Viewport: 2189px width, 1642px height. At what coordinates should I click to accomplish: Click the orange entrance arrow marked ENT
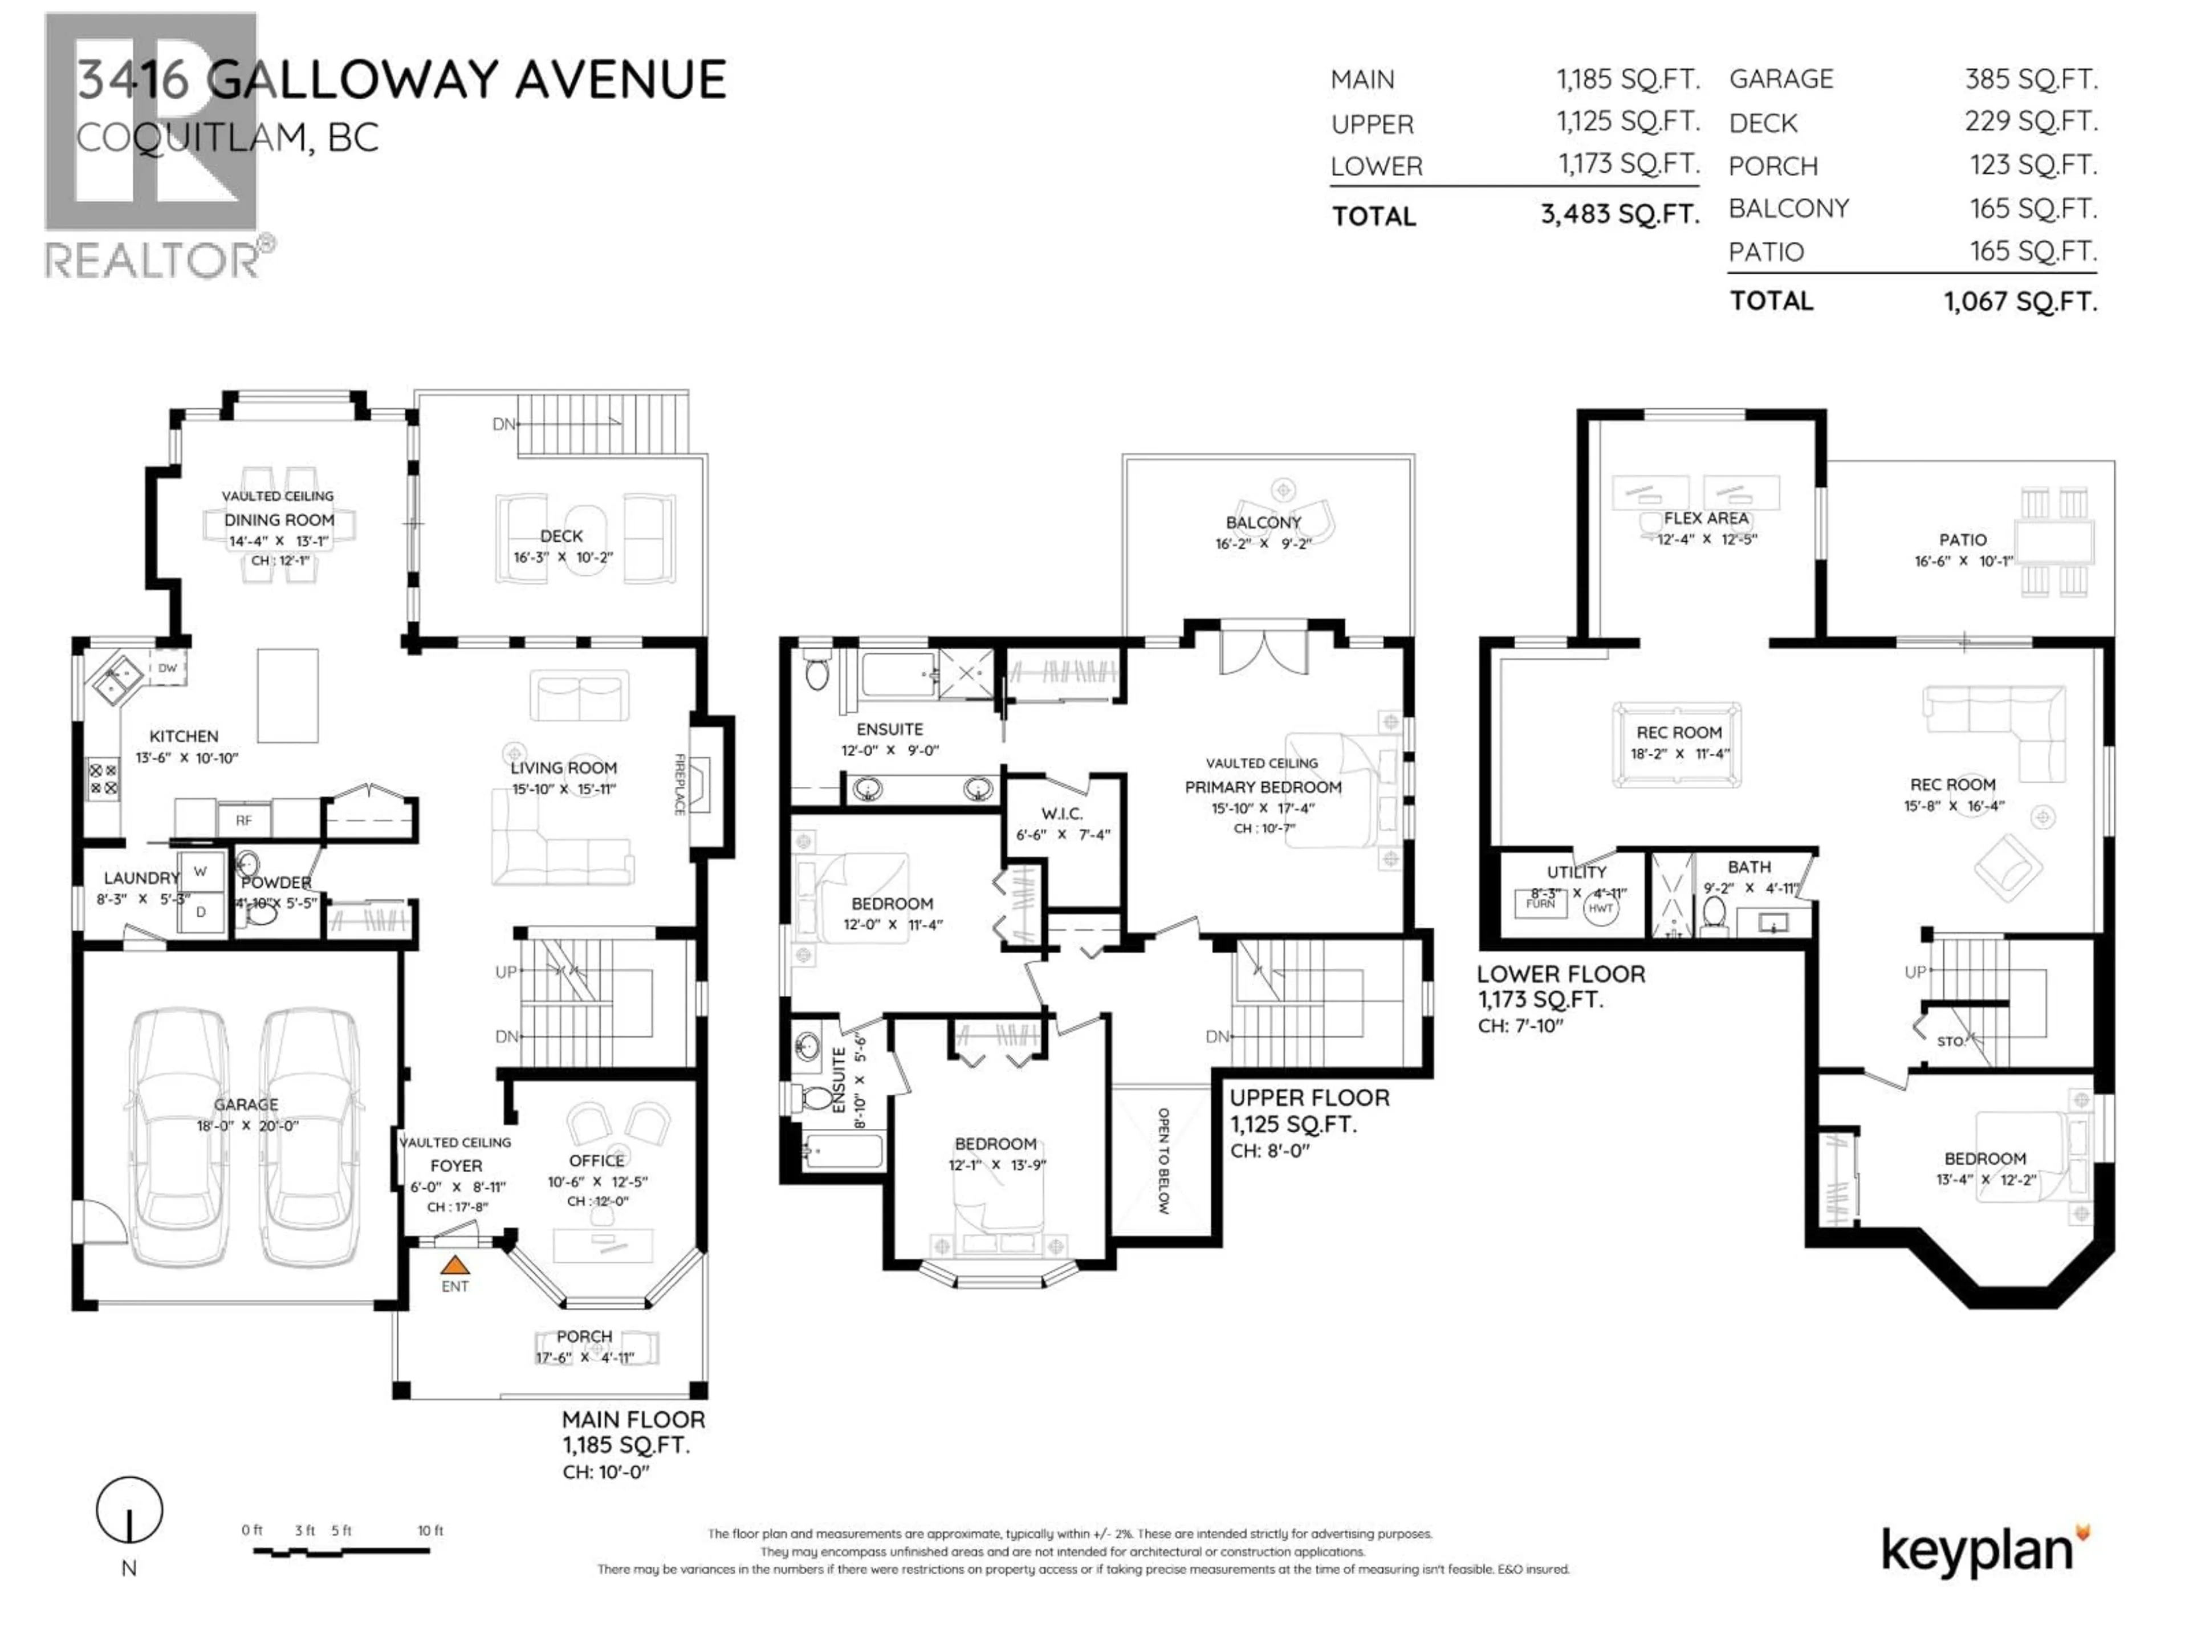(454, 1265)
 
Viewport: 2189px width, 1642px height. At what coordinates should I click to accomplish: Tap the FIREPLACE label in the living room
(680, 784)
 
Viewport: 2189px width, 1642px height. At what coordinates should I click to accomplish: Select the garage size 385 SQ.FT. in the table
(2031, 79)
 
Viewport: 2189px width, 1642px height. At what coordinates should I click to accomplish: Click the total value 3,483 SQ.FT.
(1619, 214)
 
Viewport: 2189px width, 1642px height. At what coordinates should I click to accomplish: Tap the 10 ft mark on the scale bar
(430, 1530)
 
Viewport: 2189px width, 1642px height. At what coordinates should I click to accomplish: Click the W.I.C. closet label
(1062, 814)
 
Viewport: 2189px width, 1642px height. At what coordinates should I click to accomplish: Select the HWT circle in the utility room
(1600, 908)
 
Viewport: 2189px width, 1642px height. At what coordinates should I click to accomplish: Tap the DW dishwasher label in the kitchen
(167, 668)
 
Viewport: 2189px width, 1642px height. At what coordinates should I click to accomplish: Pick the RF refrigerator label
(243, 819)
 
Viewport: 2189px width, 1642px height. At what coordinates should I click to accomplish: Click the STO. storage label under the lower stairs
(1950, 1041)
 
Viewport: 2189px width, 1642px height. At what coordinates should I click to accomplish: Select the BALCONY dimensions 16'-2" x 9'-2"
(1263, 543)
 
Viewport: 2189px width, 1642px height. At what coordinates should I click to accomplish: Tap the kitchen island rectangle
(288, 695)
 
